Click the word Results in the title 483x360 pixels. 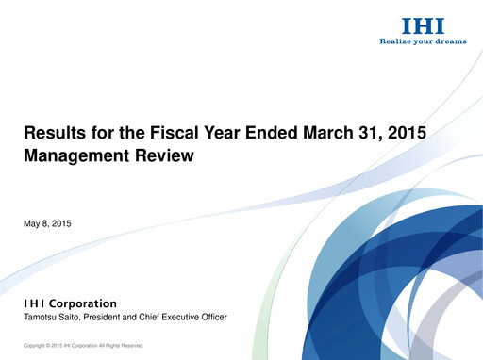[x=53, y=134]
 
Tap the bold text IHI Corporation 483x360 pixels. [x=70, y=303]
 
